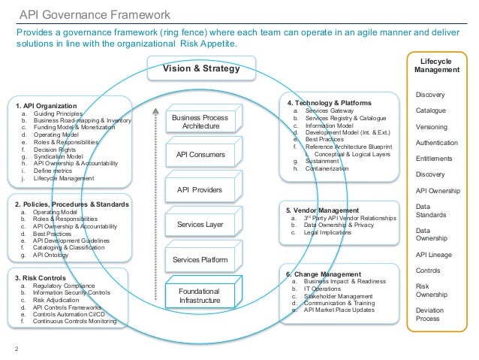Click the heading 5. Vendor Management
[x=323, y=210]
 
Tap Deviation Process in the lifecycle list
[x=431, y=314]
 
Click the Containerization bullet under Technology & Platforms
[x=325, y=169]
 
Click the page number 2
[x=17, y=348]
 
